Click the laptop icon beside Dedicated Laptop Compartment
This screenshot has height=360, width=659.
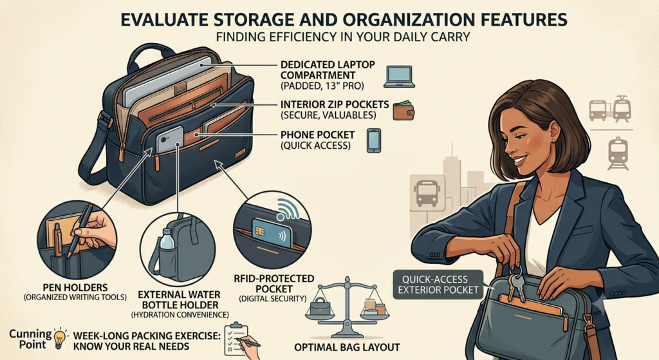click(399, 77)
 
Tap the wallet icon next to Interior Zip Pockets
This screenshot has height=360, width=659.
click(404, 110)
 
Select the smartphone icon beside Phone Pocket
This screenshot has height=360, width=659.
click(374, 140)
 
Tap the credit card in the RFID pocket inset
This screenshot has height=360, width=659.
click(272, 232)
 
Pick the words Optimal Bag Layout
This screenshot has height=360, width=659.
click(347, 347)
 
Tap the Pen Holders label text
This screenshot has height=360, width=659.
click(75, 288)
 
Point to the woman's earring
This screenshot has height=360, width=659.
click(553, 140)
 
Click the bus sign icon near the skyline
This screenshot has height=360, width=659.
click(427, 192)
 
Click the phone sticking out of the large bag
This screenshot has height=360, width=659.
click(170, 139)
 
